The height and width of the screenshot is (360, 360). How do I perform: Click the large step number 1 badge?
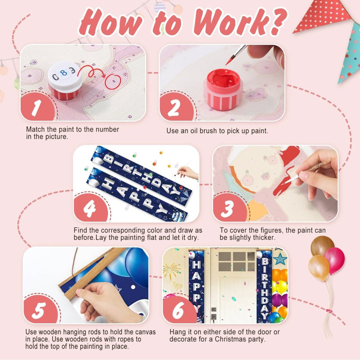[x=37, y=107]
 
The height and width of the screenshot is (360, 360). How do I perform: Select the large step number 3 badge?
[x=228, y=208]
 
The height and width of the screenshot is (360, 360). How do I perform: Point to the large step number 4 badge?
[x=90, y=208]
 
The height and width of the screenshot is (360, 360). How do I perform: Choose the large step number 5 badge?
[x=39, y=309]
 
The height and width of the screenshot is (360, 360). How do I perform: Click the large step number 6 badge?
[x=178, y=309]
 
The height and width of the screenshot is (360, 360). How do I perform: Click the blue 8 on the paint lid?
[x=63, y=73]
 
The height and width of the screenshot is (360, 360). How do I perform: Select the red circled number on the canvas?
[x=113, y=81]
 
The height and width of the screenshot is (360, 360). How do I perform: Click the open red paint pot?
[x=223, y=89]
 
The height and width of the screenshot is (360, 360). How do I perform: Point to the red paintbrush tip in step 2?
[x=228, y=61]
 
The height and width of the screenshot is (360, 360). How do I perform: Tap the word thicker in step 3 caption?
[x=262, y=237]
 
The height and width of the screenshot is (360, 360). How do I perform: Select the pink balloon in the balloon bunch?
[x=334, y=260]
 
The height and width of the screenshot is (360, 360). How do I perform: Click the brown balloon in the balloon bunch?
[x=322, y=246]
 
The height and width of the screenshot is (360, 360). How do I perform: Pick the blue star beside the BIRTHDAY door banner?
[x=280, y=259]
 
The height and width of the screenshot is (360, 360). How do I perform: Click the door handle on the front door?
[x=214, y=316]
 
